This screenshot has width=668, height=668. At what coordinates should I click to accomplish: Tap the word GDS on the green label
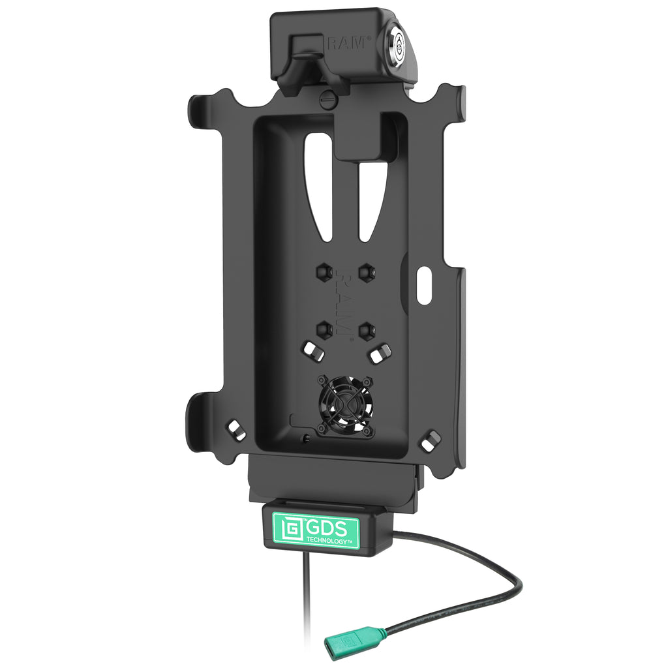[x=327, y=528]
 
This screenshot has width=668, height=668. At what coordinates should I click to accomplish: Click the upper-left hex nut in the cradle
[x=324, y=271]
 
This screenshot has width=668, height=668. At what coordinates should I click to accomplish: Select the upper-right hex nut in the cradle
[x=367, y=272]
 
